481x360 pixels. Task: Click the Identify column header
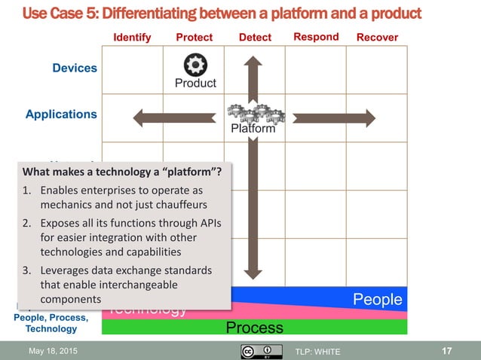(132, 37)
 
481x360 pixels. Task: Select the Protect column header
(194, 37)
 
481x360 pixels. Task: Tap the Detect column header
(255, 37)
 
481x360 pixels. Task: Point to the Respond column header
(316, 36)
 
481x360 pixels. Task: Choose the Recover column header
(377, 37)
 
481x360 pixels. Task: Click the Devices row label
(75, 68)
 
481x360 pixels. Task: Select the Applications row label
(61, 114)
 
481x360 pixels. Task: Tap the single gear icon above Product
(195, 65)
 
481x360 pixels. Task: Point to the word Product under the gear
(195, 83)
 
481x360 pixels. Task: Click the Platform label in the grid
(253, 129)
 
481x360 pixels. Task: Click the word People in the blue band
(378, 300)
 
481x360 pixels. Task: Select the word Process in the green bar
(255, 327)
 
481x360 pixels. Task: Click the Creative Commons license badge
(256, 351)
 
